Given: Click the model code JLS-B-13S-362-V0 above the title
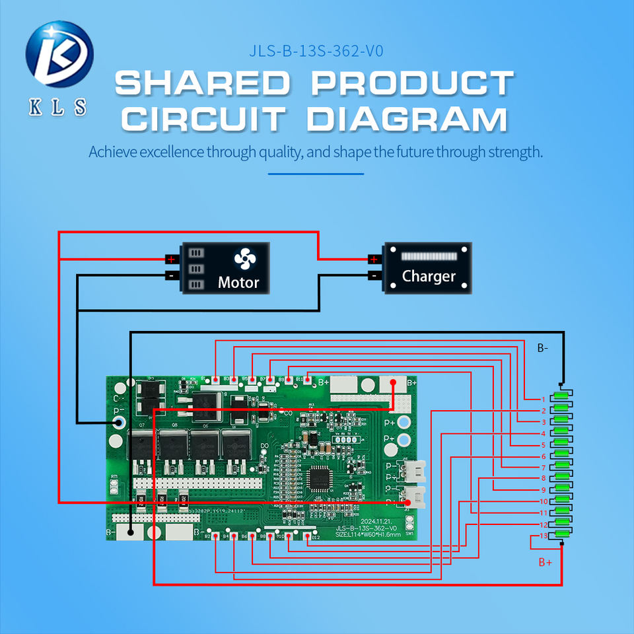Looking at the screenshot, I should pyautogui.click(x=316, y=51).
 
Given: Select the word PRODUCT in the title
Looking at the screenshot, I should pyautogui.click(x=412, y=83).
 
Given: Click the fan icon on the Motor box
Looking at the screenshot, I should pyautogui.click(x=244, y=260).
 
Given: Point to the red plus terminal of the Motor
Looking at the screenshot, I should pyautogui.click(x=170, y=258).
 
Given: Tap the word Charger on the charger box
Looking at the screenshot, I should pyautogui.click(x=429, y=276).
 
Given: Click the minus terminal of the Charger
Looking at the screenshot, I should pyautogui.click(x=374, y=275).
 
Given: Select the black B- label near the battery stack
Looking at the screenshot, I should pyautogui.click(x=542, y=347).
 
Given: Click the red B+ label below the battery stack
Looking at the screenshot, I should pyautogui.click(x=545, y=562).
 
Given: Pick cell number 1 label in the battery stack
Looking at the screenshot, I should pyautogui.click(x=543, y=399).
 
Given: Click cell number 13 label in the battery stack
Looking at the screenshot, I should pyautogui.click(x=543, y=536).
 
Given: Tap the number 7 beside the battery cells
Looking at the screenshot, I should pyautogui.click(x=543, y=468).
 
